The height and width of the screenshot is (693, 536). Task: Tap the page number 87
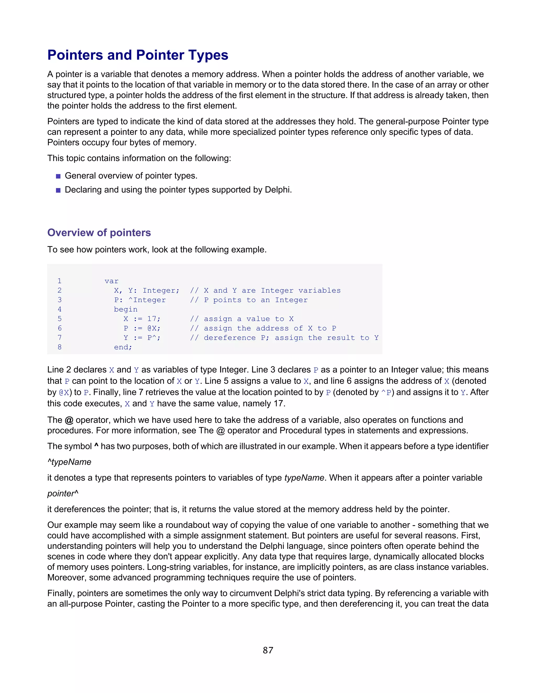click(x=268, y=650)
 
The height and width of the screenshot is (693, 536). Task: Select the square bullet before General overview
click(x=58, y=176)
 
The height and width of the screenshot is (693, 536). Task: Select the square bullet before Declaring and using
click(x=58, y=190)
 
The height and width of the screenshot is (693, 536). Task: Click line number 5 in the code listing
click(x=59, y=319)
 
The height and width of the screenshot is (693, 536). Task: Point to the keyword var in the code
click(x=111, y=281)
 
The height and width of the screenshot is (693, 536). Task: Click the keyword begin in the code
click(x=126, y=309)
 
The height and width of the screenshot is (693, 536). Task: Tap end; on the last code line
click(x=123, y=347)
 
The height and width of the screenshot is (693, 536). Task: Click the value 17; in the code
click(x=154, y=319)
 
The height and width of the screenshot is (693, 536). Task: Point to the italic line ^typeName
click(x=69, y=462)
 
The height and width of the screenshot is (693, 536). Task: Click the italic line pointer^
click(x=63, y=493)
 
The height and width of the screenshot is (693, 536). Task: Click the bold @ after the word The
click(x=69, y=420)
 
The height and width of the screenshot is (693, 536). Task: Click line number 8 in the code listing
click(x=59, y=347)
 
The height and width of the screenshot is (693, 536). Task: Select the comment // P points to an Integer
click(x=249, y=300)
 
